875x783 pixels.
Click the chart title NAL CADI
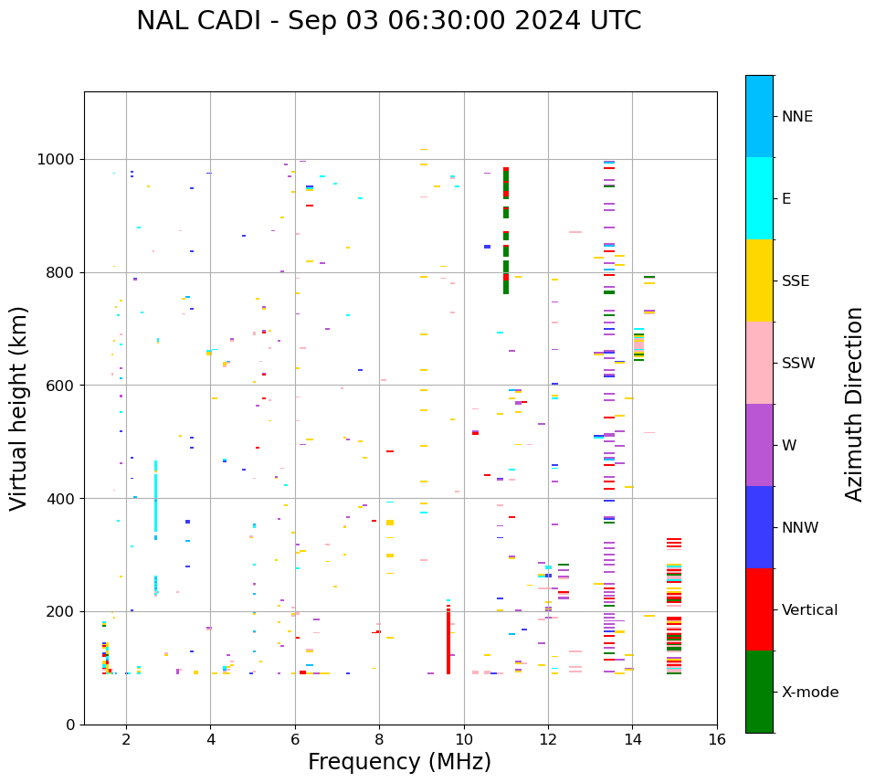click(388, 21)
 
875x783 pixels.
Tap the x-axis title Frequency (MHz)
click(400, 762)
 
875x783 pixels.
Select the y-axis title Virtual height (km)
click(19, 407)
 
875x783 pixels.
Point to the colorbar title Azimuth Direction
click(854, 404)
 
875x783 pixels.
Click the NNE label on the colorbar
click(796, 117)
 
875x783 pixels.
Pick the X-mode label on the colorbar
click(809, 693)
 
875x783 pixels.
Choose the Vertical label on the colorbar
click(809, 610)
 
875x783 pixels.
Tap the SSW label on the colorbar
click(798, 364)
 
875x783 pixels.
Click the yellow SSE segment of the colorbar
click(759, 280)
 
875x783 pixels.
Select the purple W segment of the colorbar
click(759, 445)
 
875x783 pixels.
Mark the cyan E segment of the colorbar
click(759, 198)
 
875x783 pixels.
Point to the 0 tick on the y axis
click(70, 725)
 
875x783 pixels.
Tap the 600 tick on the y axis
click(62, 386)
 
